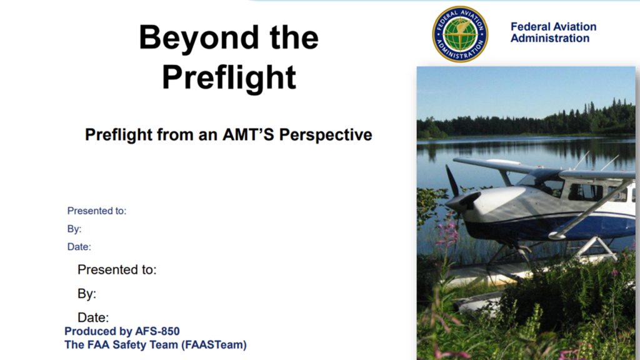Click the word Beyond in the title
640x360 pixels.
click(x=199, y=37)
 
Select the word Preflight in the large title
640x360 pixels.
click(x=229, y=77)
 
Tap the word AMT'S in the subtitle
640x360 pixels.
click(x=248, y=135)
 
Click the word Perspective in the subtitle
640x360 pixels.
click(x=326, y=135)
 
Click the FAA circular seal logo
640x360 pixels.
click(x=460, y=34)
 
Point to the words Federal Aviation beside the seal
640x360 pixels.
click(x=554, y=26)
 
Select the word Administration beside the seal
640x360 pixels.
click(x=550, y=38)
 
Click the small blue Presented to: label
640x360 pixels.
click(x=97, y=211)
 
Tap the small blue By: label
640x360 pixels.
click(x=74, y=229)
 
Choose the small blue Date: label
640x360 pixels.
click(x=79, y=247)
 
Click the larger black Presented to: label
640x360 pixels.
click(x=117, y=270)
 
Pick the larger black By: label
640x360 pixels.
click(x=87, y=294)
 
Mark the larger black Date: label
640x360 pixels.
click(x=93, y=317)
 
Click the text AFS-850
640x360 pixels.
click(x=157, y=331)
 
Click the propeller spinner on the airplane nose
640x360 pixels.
click(x=462, y=202)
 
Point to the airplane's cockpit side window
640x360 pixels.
click(x=585, y=191)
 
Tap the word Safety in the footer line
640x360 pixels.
click(x=129, y=345)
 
